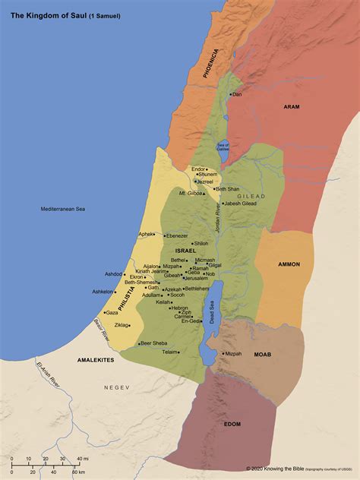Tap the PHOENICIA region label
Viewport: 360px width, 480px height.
pyautogui.click(x=214, y=64)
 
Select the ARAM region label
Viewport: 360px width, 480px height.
pyautogui.click(x=292, y=108)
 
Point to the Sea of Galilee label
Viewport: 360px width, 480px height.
pyautogui.click(x=223, y=147)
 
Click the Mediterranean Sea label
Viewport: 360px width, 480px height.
pyautogui.click(x=63, y=208)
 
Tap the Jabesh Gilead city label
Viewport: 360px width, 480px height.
pyautogui.click(x=242, y=204)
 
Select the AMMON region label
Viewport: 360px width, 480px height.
pyautogui.click(x=289, y=264)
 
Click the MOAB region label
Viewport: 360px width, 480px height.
pyautogui.click(x=262, y=354)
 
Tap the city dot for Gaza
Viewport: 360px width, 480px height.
pyautogui.click(x=103, y=312)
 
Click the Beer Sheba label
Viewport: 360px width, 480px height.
pyautogui.click(x=154, y=343)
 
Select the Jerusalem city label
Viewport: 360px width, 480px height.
pyautogui.click(x=195, y=278)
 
